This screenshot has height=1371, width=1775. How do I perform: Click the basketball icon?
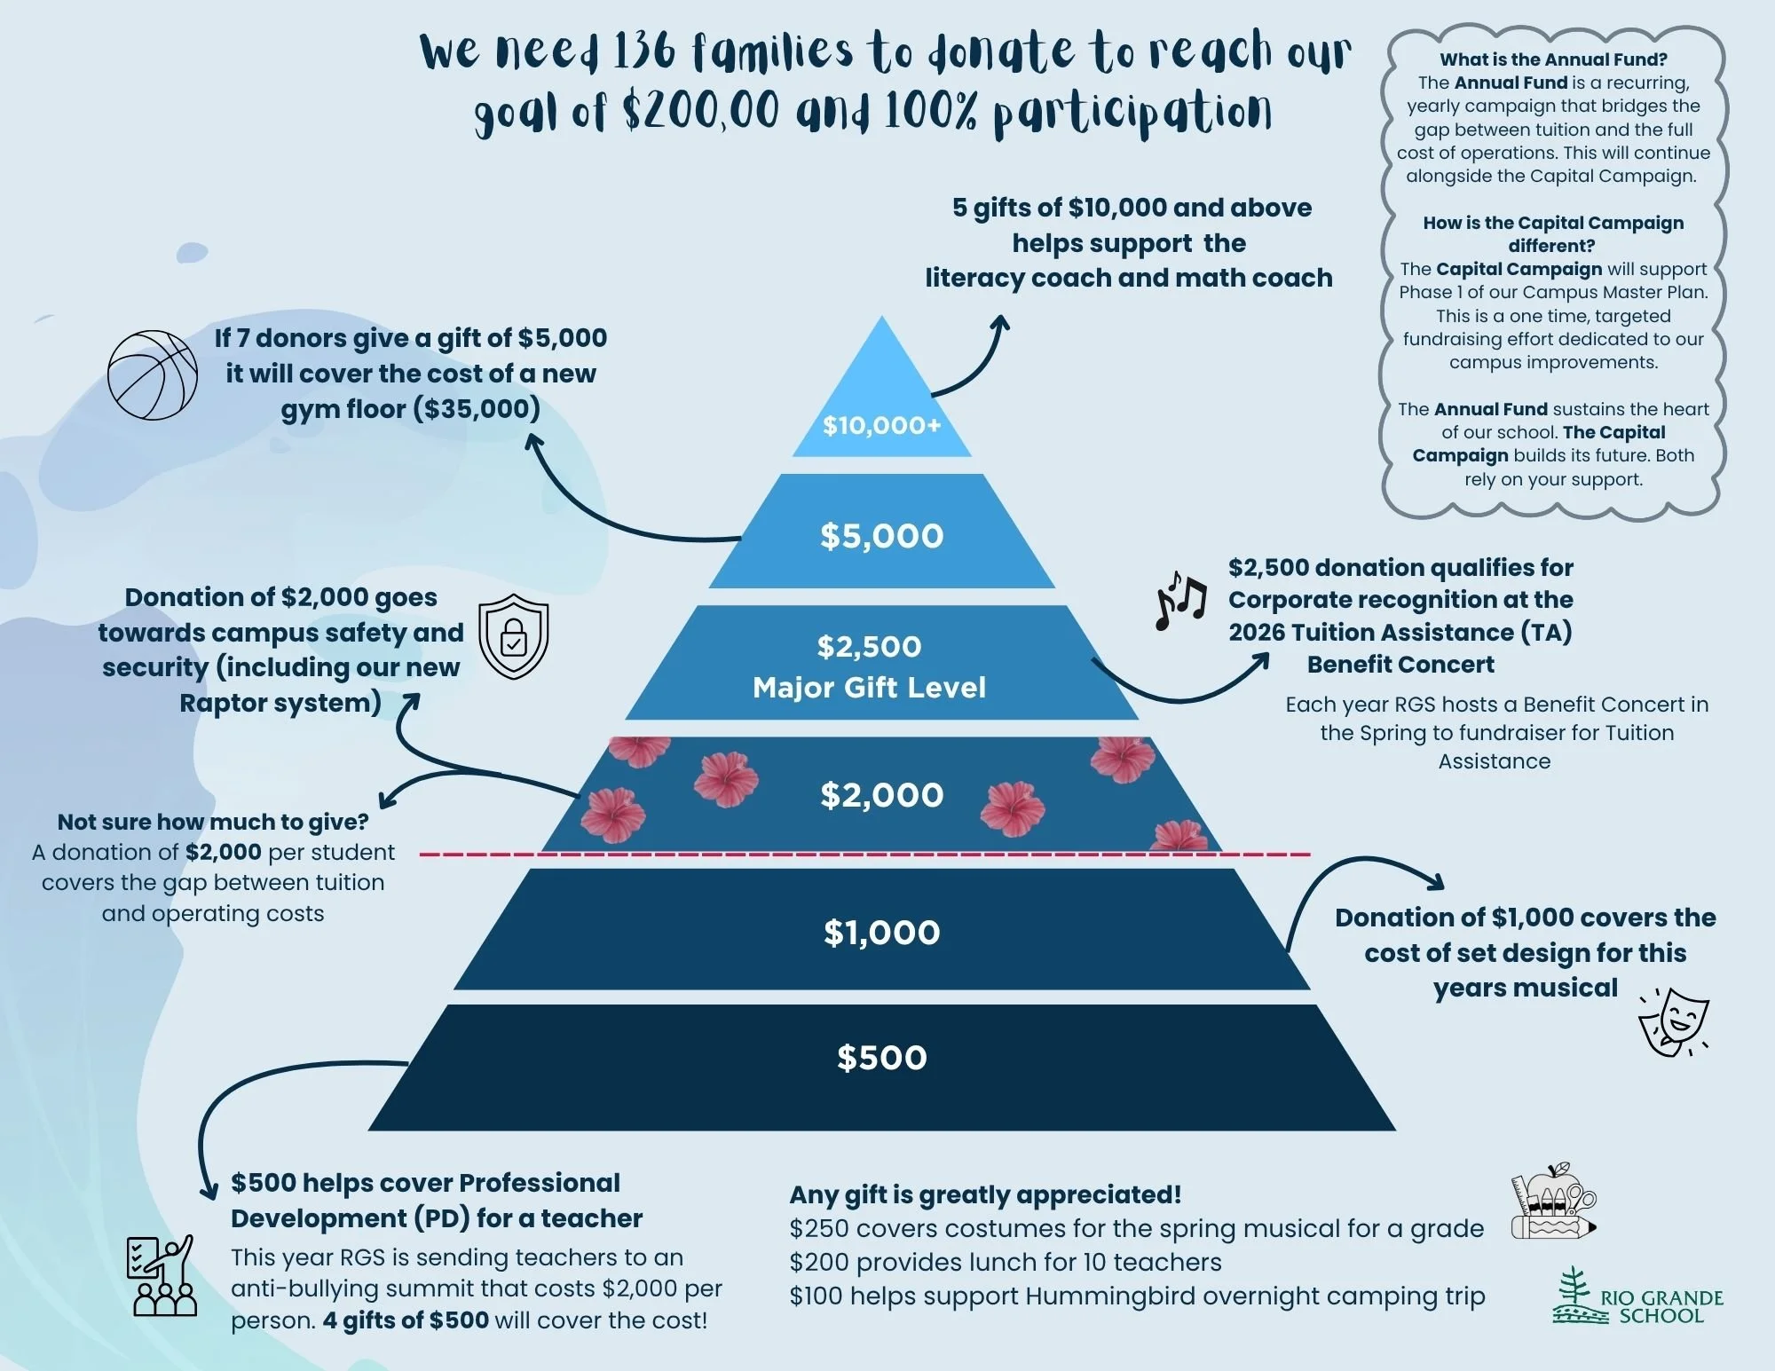(x=153, y=374)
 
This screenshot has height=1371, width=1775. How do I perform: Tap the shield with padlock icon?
(x=514, y=636)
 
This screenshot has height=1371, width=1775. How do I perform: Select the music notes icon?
(x=1180, y=600)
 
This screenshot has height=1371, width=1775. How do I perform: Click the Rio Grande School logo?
(x=1637, y=1297)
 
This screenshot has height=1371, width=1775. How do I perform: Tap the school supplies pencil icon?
(x=1554, y=1202)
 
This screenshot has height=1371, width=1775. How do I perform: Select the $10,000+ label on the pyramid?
(x=881, y=426)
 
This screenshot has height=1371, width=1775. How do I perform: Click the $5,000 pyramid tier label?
(x=881, y=536)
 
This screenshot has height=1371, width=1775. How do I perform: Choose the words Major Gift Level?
(x=869, y=688)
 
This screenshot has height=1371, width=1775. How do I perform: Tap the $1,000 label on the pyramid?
(x=881, y=933)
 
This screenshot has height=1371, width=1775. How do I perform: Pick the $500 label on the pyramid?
(x=881, y=1058)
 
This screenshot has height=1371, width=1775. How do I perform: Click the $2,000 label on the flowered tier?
(x=881, y=795)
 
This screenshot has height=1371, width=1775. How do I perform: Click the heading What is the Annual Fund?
(x=1553, y=59)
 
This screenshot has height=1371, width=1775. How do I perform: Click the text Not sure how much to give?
(x=213, y=822)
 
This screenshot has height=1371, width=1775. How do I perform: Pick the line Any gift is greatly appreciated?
(x=985, y=1194)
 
